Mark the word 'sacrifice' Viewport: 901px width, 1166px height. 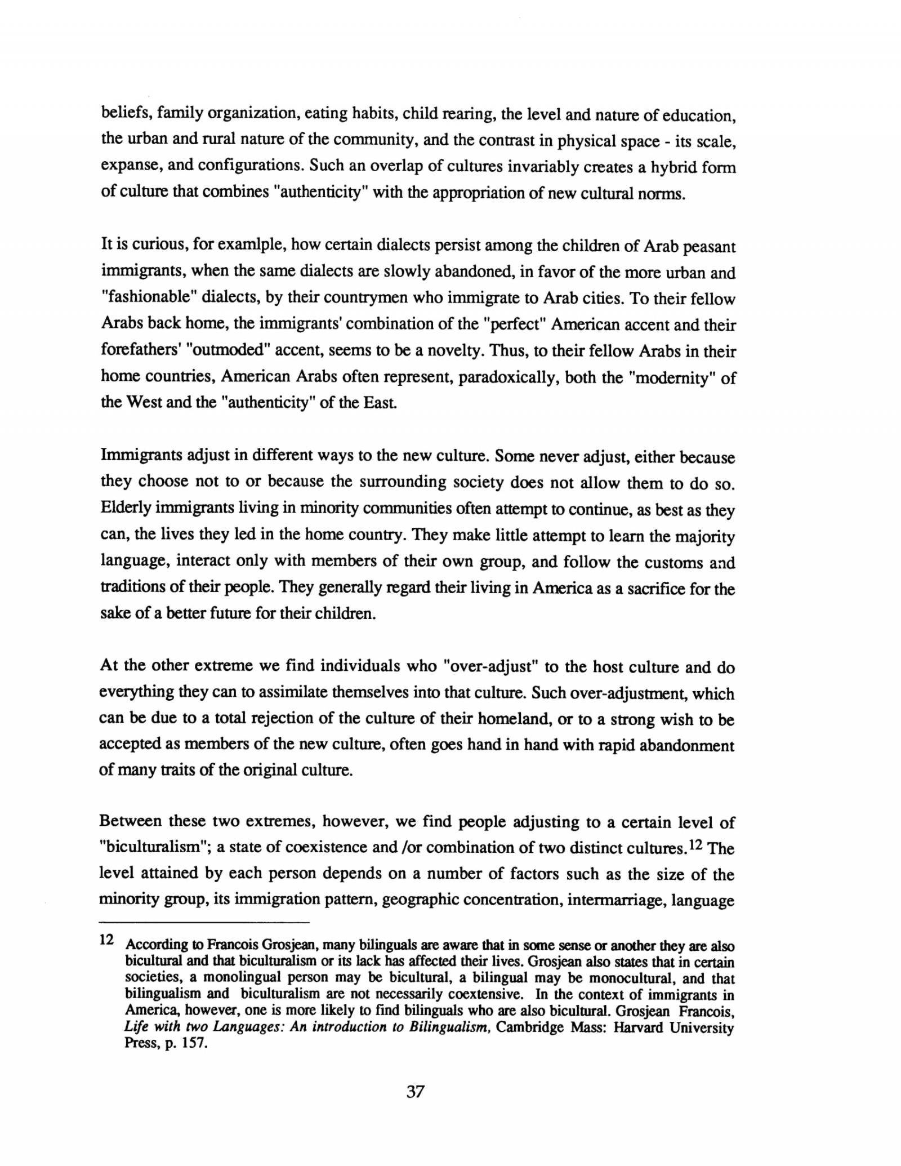point(663,589)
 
